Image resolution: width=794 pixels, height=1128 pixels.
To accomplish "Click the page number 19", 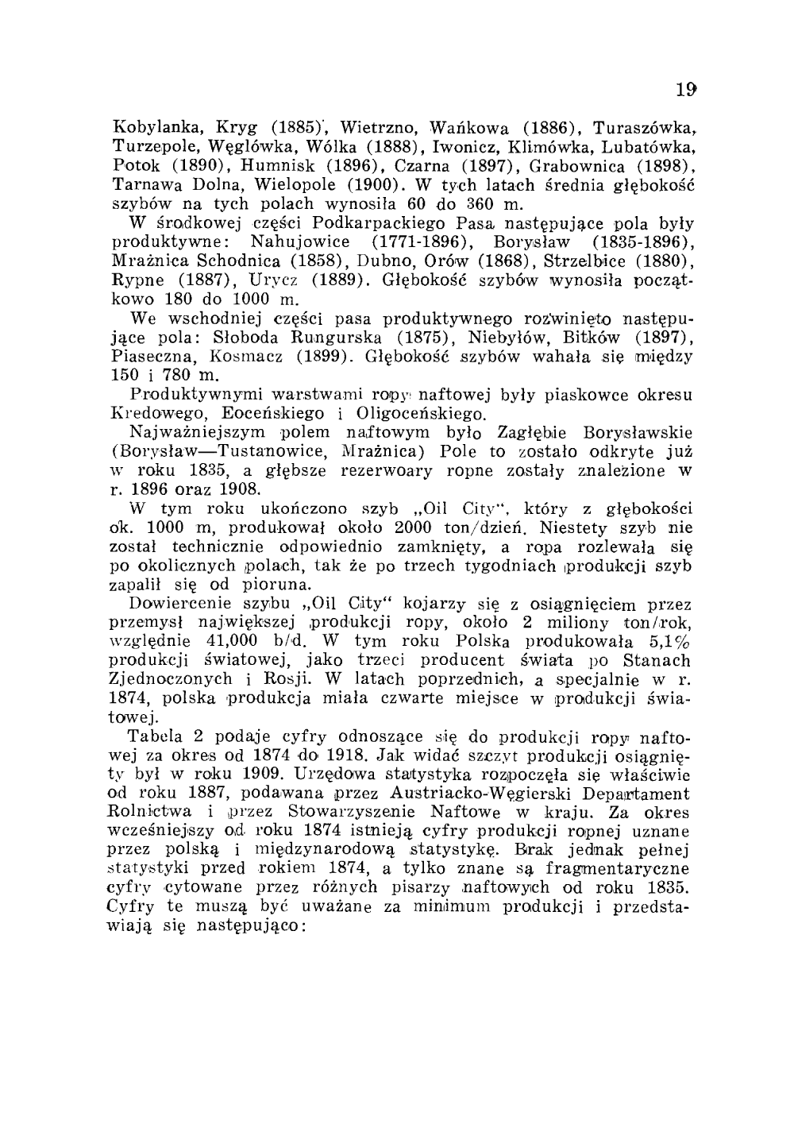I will pyautogui.click(x=686, y=90).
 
